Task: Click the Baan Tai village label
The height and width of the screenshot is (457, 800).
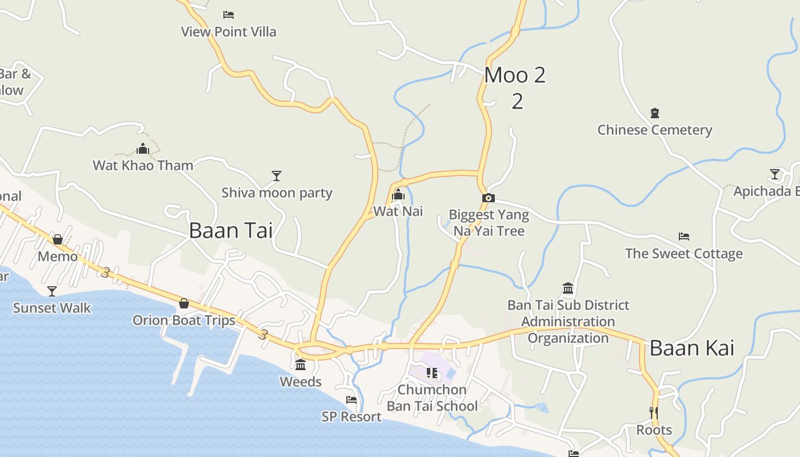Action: point(230,230)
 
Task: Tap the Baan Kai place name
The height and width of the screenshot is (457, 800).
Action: point(691,348)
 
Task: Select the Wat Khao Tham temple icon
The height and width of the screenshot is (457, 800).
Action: point(143,149)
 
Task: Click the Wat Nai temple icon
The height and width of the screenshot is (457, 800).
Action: point(398,195)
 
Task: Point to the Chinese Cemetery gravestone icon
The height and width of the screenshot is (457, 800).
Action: point(655,113)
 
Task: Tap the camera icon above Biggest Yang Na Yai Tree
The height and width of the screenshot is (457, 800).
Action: point(489,198)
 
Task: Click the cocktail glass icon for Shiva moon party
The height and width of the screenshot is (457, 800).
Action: point(277,176)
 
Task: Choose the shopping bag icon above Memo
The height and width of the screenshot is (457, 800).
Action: point(58,239)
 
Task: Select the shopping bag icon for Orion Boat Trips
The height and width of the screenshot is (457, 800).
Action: point(184,303)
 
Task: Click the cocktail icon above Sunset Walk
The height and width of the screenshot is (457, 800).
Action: point(52,291)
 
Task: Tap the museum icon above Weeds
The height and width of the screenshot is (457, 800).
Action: point(301,365)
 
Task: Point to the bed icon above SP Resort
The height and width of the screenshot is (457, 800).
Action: point(351,400)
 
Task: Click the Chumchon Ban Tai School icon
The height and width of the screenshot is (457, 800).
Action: point(432,373)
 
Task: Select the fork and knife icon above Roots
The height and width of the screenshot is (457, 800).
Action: point(654,412)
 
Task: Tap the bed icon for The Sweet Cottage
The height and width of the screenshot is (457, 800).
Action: point(684,236)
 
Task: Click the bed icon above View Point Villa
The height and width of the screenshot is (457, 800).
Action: point(229,15)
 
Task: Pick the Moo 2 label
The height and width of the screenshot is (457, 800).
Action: point(515,75)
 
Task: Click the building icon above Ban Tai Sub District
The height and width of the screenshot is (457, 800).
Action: point(568,288)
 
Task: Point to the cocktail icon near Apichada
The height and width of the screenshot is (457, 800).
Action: point(775,174)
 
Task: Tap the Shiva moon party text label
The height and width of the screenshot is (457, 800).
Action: point(277,193)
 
